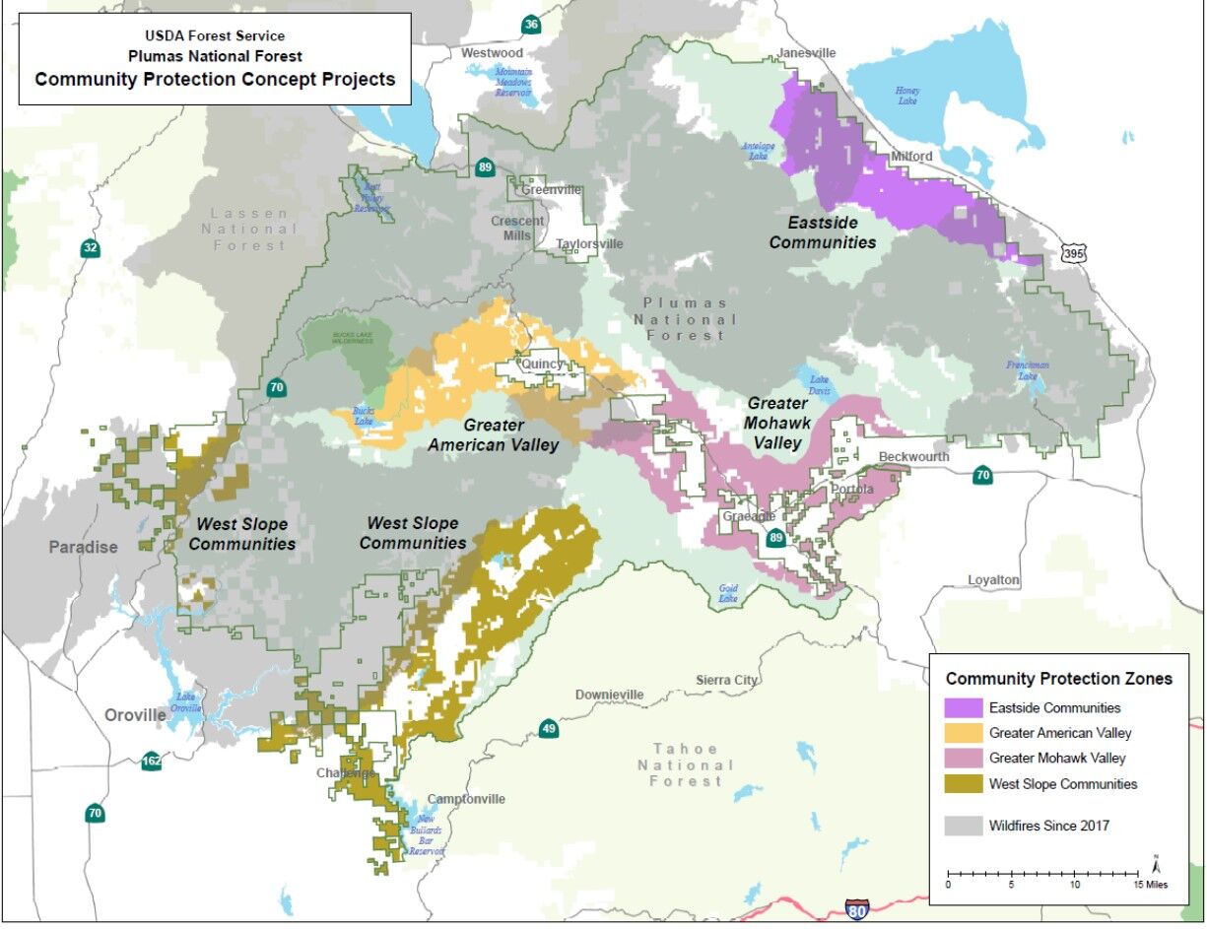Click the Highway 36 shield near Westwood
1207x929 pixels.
(x=531, y=25)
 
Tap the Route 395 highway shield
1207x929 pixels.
(x=1074, y=253)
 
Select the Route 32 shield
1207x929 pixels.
(x=91, y=247)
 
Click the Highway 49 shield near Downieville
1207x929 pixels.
(x=550, y=729)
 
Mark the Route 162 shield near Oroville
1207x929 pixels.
(x=151, y=761)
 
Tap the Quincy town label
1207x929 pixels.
(x=542, y=364)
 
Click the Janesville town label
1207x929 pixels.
(x=806, y=53)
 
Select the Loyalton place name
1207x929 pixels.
(x=993, y=580)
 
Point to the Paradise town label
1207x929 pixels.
(x=84, y=547)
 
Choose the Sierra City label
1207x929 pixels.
(x=726, y=680)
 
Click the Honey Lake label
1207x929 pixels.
(x=907, y=96)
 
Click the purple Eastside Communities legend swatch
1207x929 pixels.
(x=963, y=707)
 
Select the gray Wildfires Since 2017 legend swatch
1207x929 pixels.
(x=963, y=826)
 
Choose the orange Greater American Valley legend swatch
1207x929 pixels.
(x=963, y=733)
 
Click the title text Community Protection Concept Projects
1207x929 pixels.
(x=215, y=80)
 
